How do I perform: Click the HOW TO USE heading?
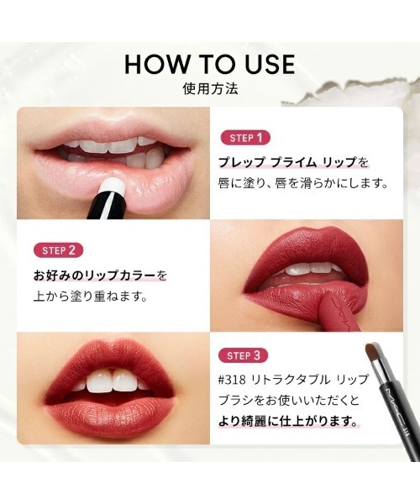point(209,64)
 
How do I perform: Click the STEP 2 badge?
point(60,249)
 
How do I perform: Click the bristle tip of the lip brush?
point(374,349)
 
